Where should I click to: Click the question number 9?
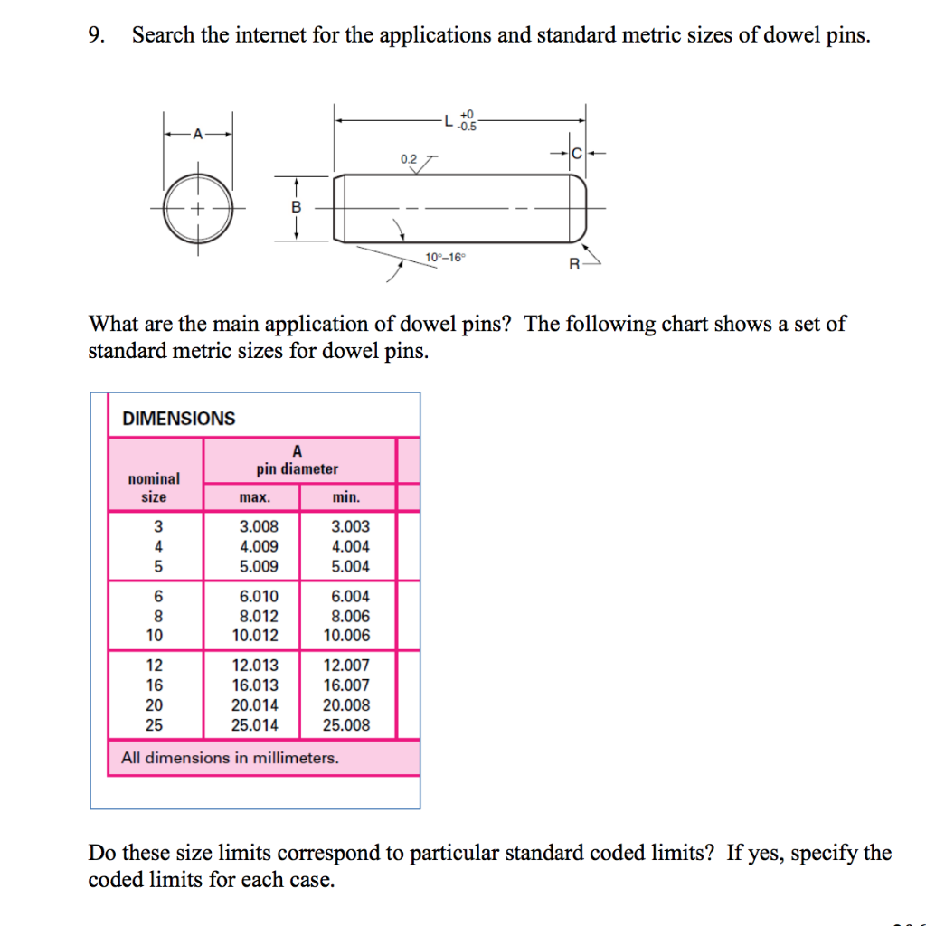[x=96, y=36]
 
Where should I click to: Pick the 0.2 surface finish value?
[x=409, y=159]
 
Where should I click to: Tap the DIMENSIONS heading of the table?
[x=178, y=419]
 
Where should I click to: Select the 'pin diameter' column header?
[x=298, y=469]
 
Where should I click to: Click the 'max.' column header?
[x=254, y=497]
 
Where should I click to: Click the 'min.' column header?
[x=346, y=497]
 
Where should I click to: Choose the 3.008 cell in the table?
[x=259, y=526]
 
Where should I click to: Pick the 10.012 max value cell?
[x=255, y=636]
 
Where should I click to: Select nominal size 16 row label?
[x=155, y=685]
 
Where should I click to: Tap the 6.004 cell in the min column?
[x=350, y=597]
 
